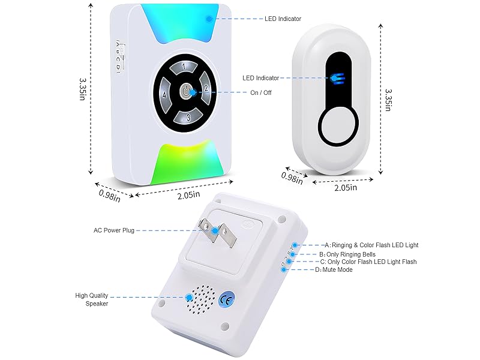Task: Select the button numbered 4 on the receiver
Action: coord(164,95)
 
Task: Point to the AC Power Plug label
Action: coord(115,230)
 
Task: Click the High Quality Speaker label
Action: coord(92,299)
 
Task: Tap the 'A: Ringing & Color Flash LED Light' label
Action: coord(371,245)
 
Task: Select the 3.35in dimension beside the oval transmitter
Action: coord(388,98)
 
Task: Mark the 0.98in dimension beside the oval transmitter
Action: coord(291,177)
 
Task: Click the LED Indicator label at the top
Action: coord(283,19)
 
